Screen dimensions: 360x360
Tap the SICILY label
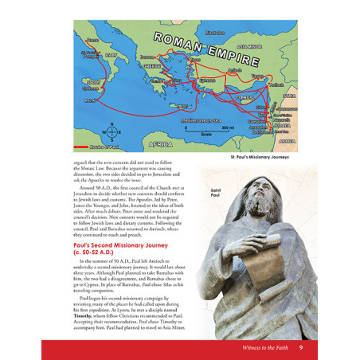coord(93,82)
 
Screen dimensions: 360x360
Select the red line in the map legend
coord(82,148)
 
